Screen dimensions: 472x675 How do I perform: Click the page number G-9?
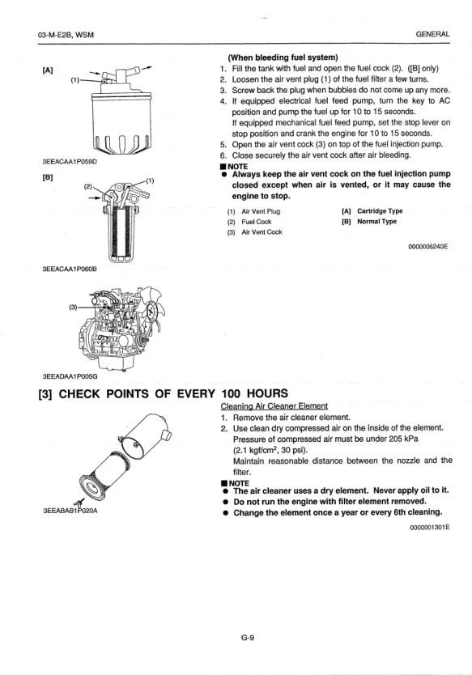click(248, 638)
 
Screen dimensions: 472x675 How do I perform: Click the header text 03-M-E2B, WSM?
click(66, 35)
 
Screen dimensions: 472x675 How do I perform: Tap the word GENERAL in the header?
click(433, 34)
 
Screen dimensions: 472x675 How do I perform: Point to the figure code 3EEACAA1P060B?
click(70, 269)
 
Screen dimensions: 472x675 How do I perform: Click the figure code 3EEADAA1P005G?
click(70, 376)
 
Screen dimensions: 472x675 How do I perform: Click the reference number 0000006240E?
click(428, 247)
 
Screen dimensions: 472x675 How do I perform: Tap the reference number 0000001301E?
click(429, 526)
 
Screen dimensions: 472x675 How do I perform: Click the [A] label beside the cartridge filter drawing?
click(48, 70)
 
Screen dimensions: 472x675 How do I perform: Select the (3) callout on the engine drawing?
click(73, 307)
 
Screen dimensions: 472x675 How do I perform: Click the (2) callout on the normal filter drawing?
click(88, 187)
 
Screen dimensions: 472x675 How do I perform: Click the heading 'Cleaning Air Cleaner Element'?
click(274, 406)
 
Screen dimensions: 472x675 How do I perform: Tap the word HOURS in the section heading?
click(267, 393)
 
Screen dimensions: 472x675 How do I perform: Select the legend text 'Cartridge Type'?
click(380, 211)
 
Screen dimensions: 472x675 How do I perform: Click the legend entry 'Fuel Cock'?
click(257, 222)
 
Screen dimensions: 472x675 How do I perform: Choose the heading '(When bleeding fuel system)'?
click(283, 57)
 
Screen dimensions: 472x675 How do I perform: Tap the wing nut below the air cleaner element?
click(79, 502)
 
